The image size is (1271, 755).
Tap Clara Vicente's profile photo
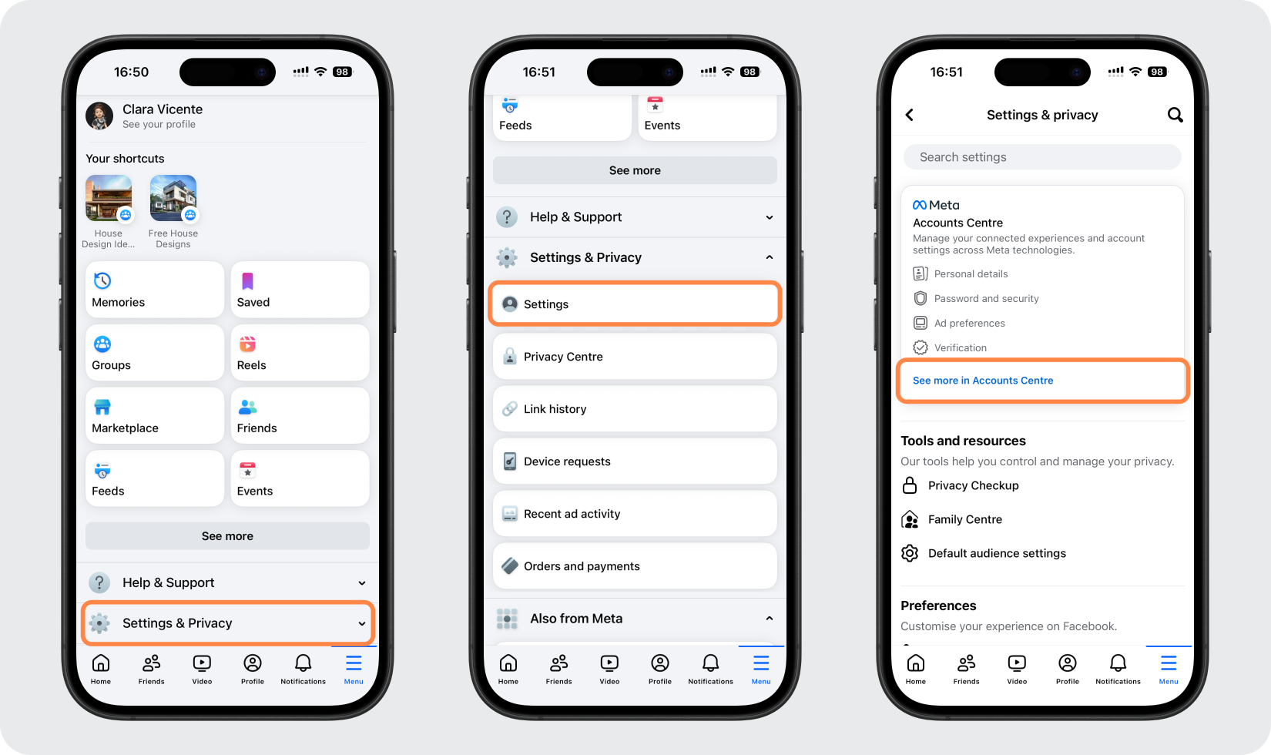(99, 116)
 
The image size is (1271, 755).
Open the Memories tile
(155, 290)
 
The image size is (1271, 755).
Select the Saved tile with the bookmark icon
(300, 290)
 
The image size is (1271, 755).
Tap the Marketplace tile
(155, 415)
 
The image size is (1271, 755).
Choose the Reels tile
(300, 353)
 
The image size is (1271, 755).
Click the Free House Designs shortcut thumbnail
(173, 198)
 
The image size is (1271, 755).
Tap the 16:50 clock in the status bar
(131, 72)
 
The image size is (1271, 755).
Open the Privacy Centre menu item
(635, 357)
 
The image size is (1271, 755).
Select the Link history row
(635, 409)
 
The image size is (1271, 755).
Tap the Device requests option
(635, 461)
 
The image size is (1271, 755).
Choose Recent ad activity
(635, 514)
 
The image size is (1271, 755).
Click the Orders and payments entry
(635, 566)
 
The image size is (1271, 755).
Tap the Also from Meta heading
(576, 618)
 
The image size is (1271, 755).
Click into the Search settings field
(1042, 156)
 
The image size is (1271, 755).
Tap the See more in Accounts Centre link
(983, 381)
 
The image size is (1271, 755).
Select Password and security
(986, 299)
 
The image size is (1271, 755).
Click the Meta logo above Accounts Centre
(936, 205)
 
